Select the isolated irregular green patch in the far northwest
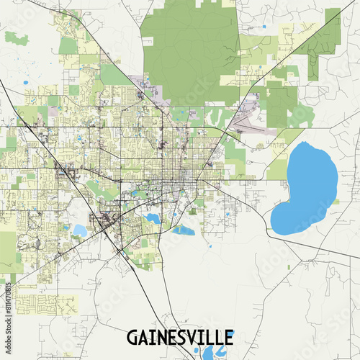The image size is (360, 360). (x=17, y=38)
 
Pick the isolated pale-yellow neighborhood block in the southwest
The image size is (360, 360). (x=43, y=303)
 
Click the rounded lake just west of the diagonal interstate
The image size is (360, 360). (x=79, y=230)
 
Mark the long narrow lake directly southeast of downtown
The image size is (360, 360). (x=183, y=230)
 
